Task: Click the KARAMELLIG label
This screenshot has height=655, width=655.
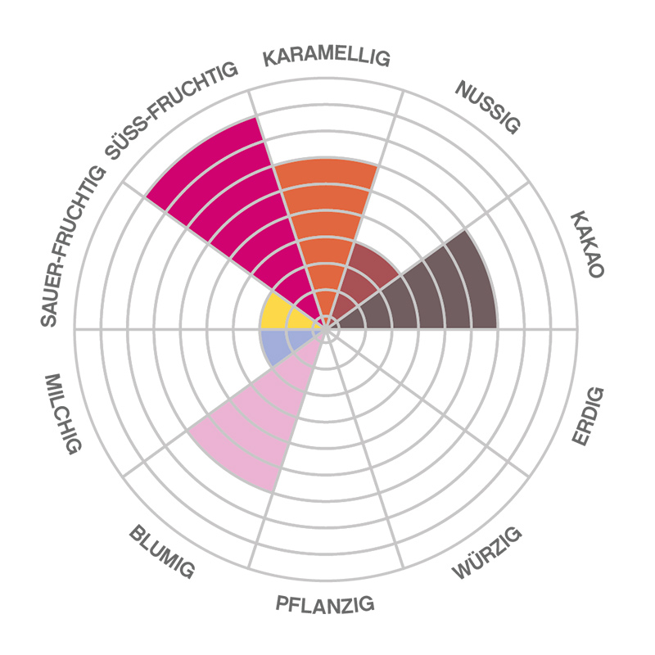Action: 327,58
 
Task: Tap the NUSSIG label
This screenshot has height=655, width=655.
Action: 489,106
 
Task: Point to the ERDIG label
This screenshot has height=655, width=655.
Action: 588,417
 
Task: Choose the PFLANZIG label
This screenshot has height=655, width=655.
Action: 325,605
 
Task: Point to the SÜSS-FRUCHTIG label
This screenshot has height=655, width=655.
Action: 172,111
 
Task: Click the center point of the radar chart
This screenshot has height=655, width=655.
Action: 327,328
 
